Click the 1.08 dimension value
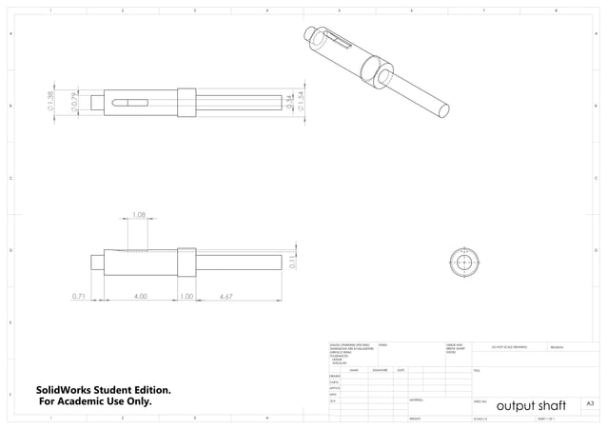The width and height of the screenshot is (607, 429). click(x=138, y=215)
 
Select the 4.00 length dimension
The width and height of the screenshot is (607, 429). click(x=140, y=296)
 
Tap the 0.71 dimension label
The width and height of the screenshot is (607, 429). click(x=79, y=296)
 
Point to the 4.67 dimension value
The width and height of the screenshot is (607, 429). click(x=226, y=296)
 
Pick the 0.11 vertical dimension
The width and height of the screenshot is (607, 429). click(x=292, y=262)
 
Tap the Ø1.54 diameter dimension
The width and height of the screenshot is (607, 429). click(x=301, y=102)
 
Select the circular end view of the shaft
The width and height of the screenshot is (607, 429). click(x=463, y=262)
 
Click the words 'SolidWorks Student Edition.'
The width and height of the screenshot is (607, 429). click(x=104, y=390)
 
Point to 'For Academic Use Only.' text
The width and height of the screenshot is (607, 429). click(x=95, y=401)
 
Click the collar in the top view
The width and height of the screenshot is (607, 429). click(x=186, y=101)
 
